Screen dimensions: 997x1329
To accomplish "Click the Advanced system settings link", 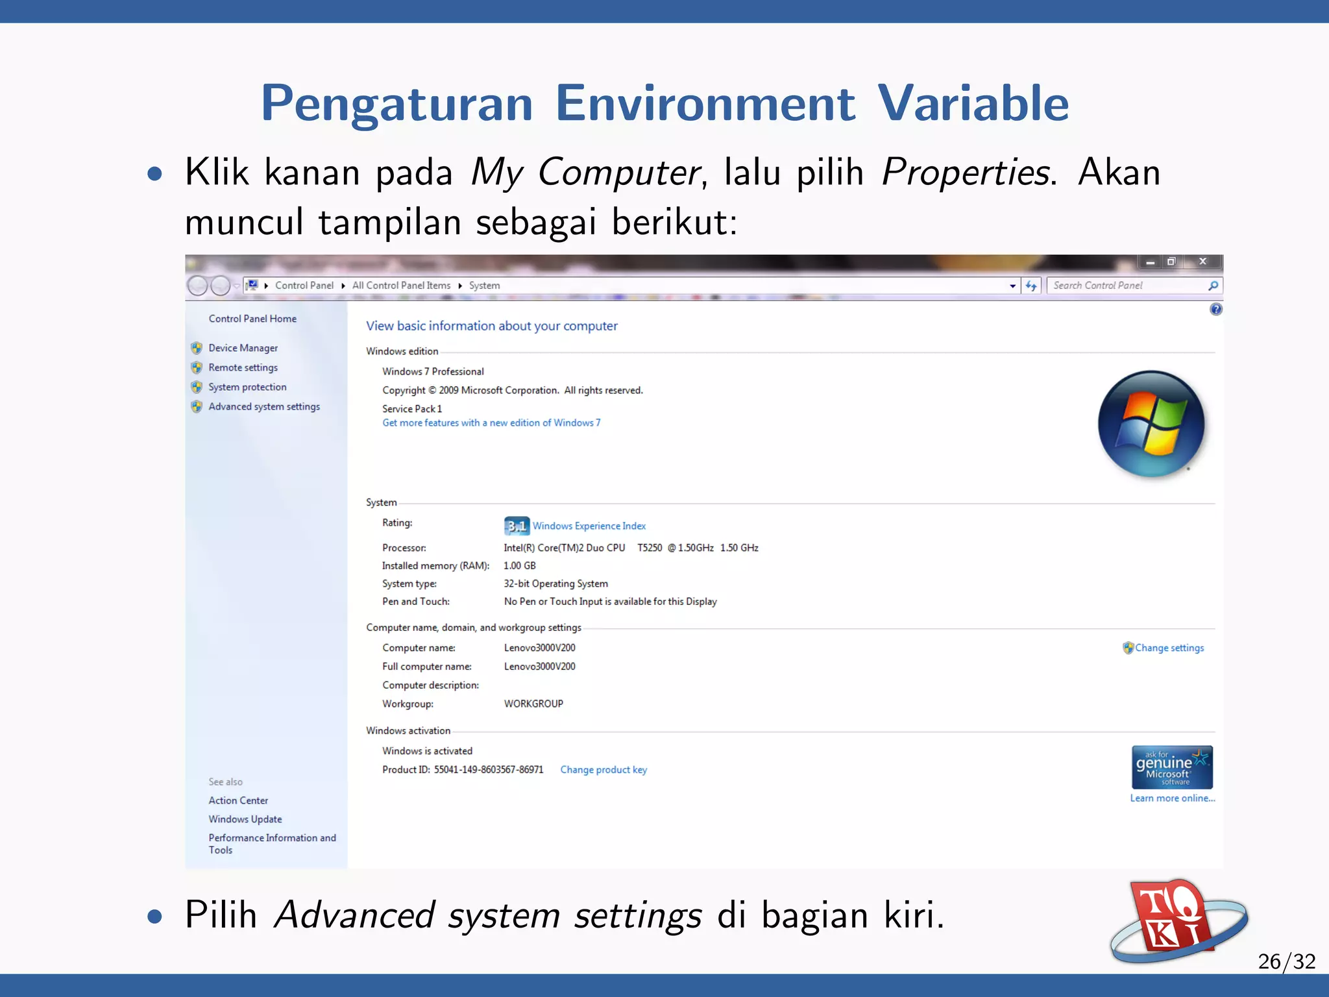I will tap(263, 406).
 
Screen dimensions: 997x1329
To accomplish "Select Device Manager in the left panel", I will tap(243, 348).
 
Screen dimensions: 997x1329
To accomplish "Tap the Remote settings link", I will tap(243, 367).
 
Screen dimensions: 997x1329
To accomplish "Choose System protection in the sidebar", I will tap(247, 387).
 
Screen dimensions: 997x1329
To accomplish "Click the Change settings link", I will tap(1169, 648).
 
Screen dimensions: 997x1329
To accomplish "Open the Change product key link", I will tap(604, 770).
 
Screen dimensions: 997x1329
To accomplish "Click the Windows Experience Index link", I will tap(589, 526).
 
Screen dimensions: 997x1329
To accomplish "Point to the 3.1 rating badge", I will tap(517, 526).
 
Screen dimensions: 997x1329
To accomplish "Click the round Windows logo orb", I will tap(1151, 424).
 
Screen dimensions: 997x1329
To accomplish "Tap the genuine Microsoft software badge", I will tap(1172, 767).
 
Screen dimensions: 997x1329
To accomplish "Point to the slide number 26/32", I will tap(1286, 961).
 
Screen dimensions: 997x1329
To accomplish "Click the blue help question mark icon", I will tap(1216, 310).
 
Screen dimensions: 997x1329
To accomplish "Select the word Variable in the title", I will tap(973, 104).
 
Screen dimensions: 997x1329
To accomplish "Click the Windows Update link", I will tap(245, 819).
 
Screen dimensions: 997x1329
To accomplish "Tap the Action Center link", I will tap(238, 800).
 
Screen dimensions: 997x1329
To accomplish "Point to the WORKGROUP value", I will tap(533, 704).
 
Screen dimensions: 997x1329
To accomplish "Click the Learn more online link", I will tap(1172, 798).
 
